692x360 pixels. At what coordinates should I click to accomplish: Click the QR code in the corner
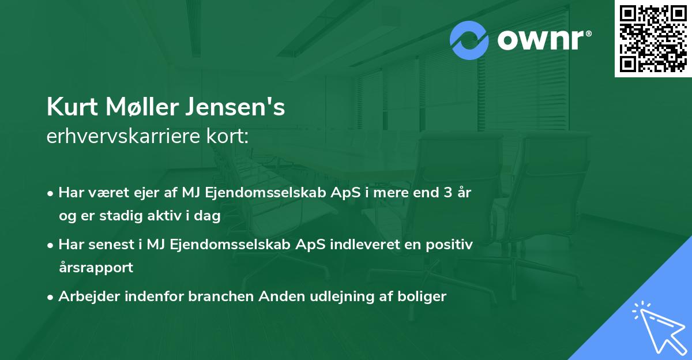tap(653, 38)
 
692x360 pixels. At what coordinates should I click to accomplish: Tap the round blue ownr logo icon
tap(469, 40)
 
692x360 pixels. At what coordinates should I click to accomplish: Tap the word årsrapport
tap(96, 268)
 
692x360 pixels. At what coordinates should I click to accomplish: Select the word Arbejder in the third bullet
tap(86, 297)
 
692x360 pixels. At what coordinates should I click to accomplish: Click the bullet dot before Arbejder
tap(51, 297)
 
